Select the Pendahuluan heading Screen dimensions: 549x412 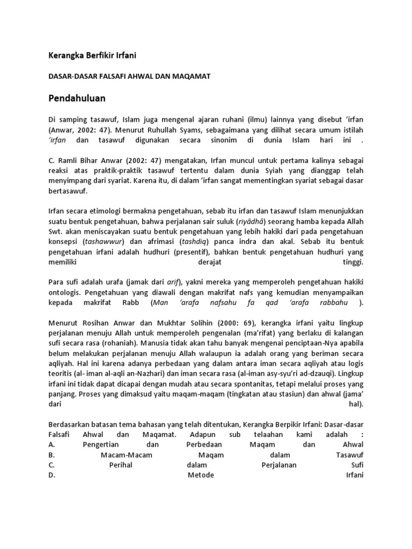(x=78, y=99)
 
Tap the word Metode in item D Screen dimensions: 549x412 (x=201, y=475)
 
